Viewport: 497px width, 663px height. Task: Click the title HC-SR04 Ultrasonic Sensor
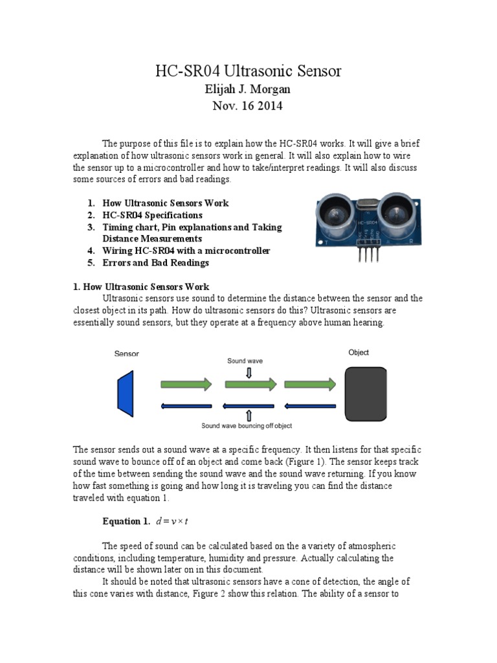click(248, 71)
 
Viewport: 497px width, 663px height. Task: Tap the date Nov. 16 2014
click(248, 106)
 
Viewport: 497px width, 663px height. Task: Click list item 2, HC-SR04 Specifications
click(152, 215)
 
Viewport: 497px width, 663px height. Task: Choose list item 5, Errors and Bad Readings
click(155, 263)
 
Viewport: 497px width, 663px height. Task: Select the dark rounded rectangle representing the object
click(366, 394)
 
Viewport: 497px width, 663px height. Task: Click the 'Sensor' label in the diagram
click(127, 354)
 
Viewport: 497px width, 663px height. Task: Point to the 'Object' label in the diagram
click(359, 353)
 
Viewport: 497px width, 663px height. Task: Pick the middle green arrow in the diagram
click(250, 384)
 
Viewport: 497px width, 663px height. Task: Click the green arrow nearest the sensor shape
click(186, 384)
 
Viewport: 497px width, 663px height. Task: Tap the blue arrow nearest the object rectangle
click(311, 406)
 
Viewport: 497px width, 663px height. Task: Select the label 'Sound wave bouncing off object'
click(247, 426)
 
